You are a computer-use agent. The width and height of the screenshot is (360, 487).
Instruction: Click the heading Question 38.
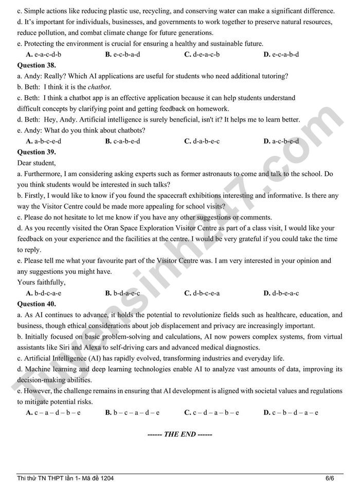37,65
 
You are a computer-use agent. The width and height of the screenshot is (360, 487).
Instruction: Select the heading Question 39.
37,152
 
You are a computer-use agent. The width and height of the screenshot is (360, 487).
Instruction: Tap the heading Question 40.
37,304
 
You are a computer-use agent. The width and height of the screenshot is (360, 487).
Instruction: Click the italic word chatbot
99,87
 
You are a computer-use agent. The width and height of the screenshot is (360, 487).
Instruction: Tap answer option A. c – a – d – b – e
53,412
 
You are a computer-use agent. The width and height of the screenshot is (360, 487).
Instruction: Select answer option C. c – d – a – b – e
211,412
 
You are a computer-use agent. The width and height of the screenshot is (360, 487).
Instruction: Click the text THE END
179,434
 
